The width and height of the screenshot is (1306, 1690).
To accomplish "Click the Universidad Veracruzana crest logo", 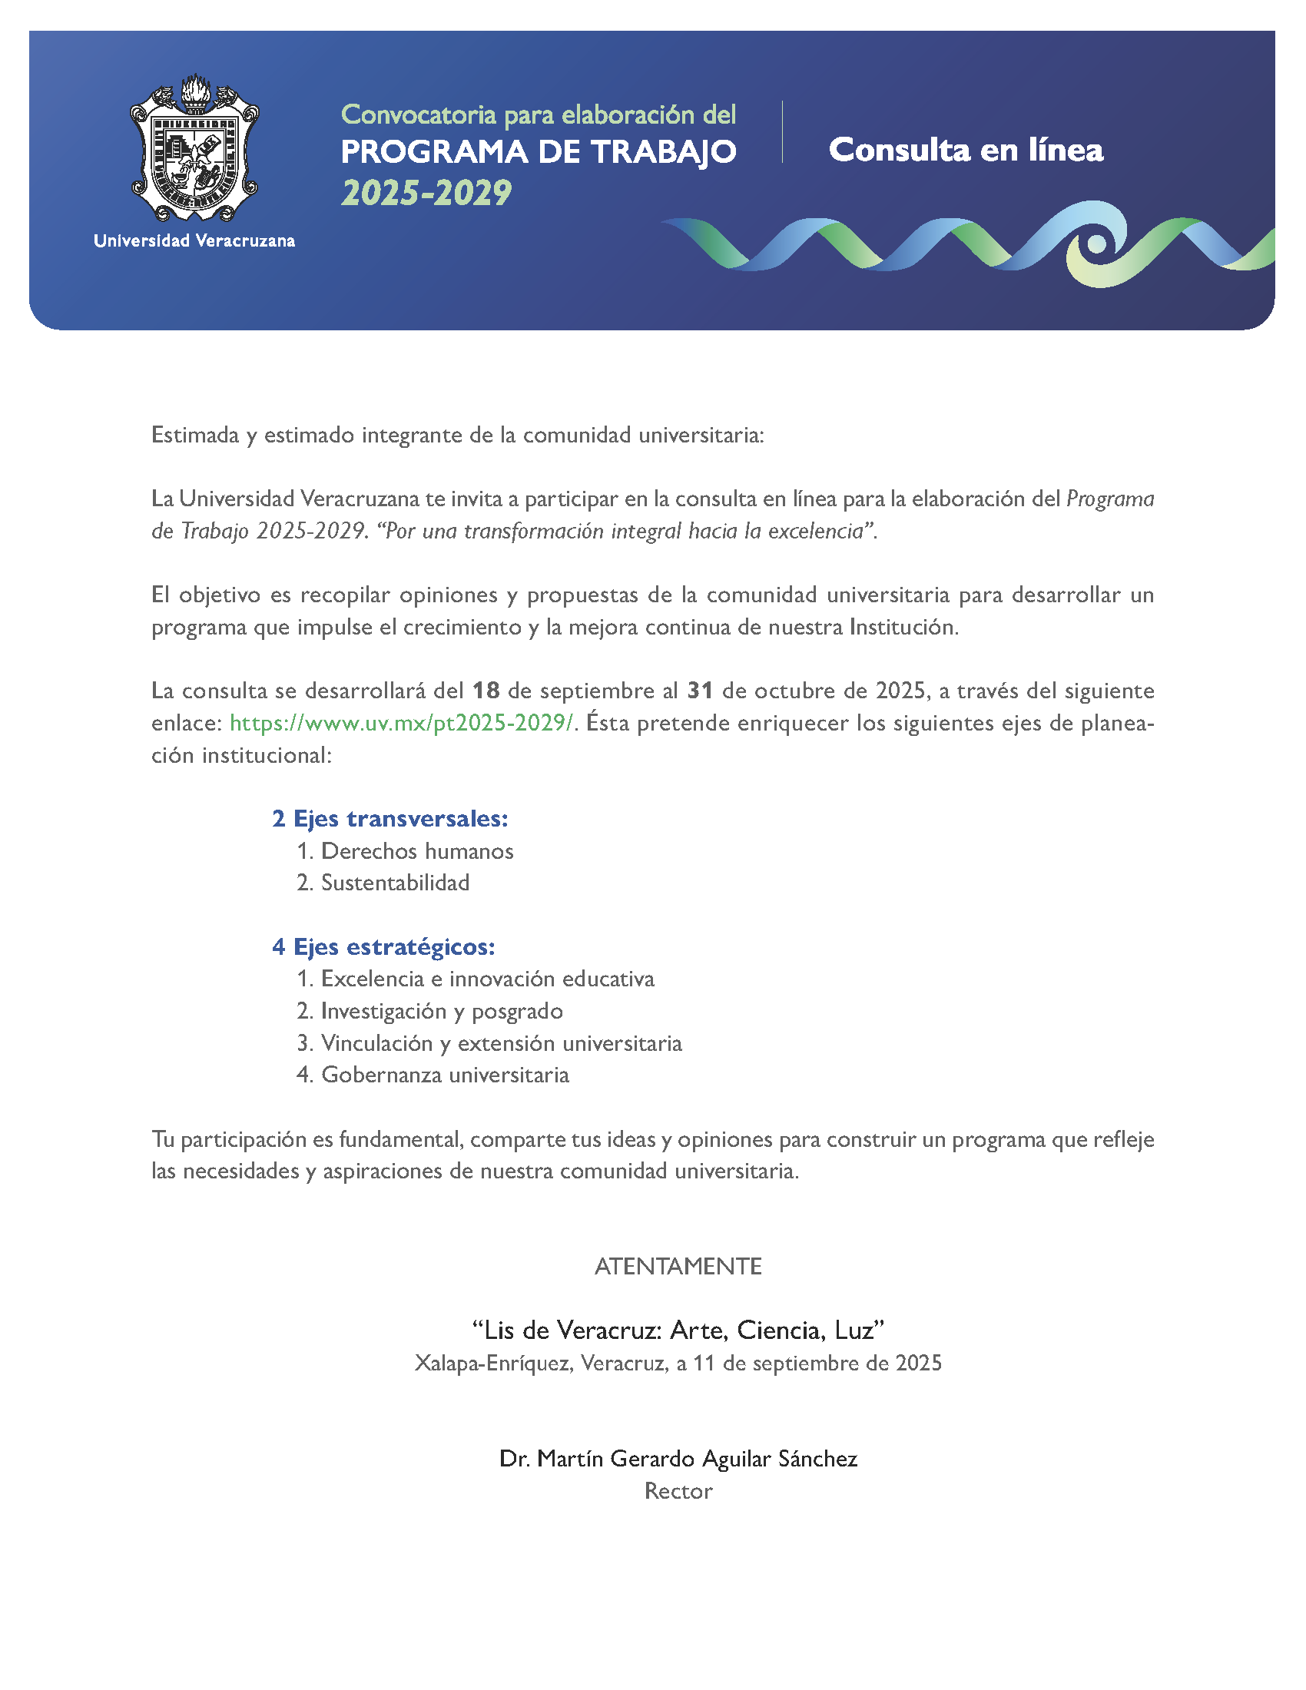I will click(x=194, y=148).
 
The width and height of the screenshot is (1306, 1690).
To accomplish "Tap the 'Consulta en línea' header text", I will click(x=966, y=150).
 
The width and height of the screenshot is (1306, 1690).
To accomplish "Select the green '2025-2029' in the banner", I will click(x=426, y=193).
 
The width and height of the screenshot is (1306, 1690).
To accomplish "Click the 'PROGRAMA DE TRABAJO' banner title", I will click(x=539, y=152).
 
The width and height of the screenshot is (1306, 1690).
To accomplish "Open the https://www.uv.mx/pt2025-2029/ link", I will click(x=402, y=723).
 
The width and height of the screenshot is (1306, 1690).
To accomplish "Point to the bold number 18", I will click(x=486, y=691).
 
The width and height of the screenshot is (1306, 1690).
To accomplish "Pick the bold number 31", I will click(x=699, y=691).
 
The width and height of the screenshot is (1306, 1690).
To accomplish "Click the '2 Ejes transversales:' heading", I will click(x=390, y=819).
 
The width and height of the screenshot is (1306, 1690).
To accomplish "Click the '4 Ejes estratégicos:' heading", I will click(x=384, y=946).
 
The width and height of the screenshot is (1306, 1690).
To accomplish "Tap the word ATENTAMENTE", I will click(x=678, y=1267).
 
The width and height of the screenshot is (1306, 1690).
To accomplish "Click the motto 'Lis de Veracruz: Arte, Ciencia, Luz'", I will click(x=678, y=1330).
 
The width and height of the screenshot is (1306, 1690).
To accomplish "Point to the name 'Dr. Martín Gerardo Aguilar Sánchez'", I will click(x=678, y=1459).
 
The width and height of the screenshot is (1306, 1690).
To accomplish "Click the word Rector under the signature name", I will click(x=678, y=1491).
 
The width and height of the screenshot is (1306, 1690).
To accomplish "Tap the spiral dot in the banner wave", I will click(x=1096, y=244).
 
